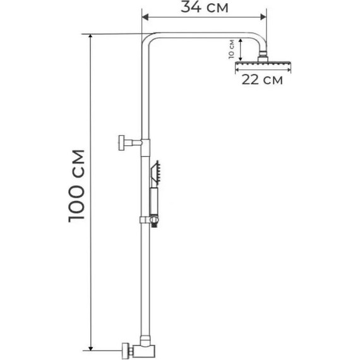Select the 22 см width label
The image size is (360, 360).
click(261, 80)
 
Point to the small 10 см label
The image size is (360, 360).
click(232, 48)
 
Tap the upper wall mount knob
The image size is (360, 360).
click(121, 143)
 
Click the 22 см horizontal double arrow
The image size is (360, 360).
click(260, 71)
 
